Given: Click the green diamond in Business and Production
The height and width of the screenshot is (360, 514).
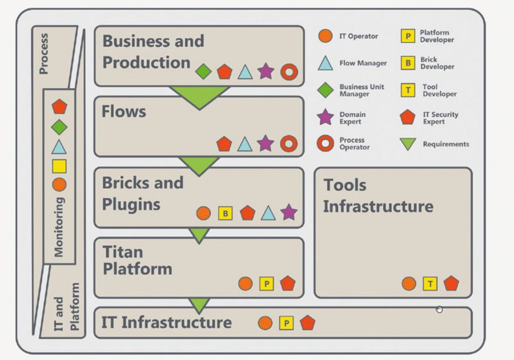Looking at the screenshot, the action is [203, 71].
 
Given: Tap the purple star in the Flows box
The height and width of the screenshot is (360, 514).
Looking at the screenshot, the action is [265, 143].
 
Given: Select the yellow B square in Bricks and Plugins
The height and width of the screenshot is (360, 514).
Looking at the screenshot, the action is [226, 214].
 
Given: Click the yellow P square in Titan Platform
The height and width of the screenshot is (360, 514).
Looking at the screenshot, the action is [267, 283].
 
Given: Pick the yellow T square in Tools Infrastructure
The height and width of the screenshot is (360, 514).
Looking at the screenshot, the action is [429, 283].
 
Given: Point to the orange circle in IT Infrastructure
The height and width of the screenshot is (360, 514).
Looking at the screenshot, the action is [265, 323].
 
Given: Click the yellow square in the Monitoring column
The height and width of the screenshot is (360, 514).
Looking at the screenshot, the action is [59, 166].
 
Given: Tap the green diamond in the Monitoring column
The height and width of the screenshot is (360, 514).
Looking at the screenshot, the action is [59, 127].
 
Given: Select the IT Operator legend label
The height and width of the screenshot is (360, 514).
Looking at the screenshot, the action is [359, 36].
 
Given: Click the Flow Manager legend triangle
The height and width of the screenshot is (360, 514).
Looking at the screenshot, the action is [325, 63].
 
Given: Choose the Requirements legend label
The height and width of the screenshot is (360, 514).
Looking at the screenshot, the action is [446, 144].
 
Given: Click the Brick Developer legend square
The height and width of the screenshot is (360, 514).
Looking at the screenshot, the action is [408, 63].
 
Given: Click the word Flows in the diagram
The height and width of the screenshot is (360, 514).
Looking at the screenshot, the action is [124, 111].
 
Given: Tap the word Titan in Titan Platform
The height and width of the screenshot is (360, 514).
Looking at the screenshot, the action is [123, 252].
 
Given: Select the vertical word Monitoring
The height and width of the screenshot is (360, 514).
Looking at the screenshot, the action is [59, 227].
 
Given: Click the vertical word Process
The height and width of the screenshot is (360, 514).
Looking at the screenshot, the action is [43, 54].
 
